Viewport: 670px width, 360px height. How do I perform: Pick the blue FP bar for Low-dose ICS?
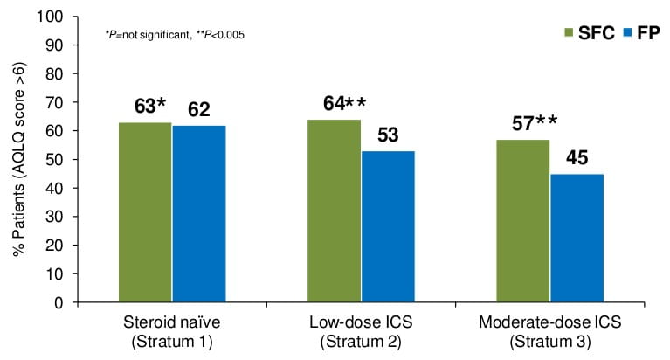(x=388, y=226)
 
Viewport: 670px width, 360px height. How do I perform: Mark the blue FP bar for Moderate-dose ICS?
(x=577, y=238)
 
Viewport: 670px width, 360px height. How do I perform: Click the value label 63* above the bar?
(x=149, y=107)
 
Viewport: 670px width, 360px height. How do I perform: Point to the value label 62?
(x=199, y=110)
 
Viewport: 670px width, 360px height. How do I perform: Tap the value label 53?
(x=388, y=135)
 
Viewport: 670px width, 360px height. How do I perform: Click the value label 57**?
(x=529, y=124)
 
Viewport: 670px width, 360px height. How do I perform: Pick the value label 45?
(x=577, y=158)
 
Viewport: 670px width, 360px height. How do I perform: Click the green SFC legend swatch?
(x=568, y=32)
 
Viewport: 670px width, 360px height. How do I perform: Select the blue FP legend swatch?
(x=625, y=32)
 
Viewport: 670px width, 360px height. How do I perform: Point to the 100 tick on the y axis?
(x=52, y=17)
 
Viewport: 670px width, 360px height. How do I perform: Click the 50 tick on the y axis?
(x=55, y=160)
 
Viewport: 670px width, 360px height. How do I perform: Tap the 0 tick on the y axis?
(x=59, y=302)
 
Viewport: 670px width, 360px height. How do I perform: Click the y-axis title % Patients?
(x=17, y=160)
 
